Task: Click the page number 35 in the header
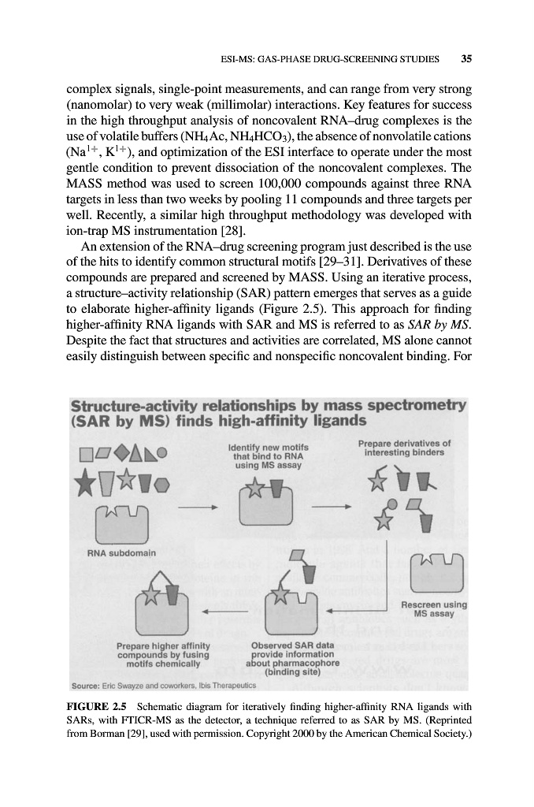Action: (x=465, y=58)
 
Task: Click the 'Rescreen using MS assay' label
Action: (x=433, y=608)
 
